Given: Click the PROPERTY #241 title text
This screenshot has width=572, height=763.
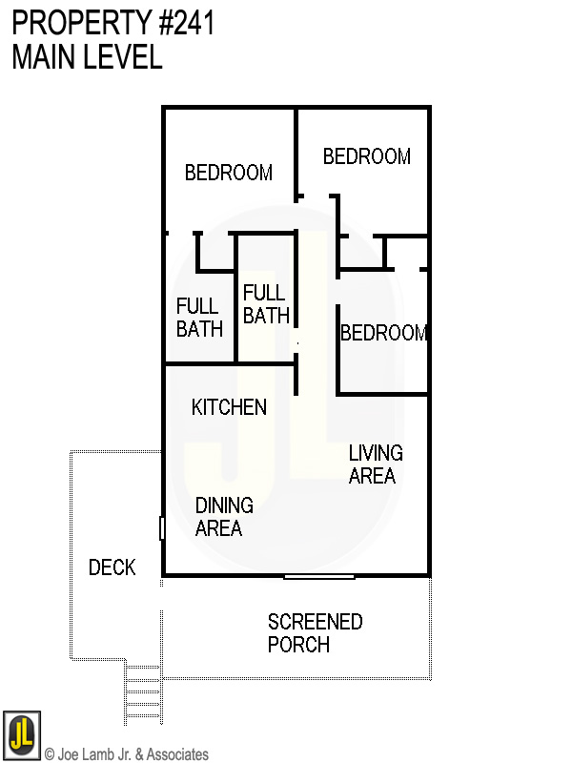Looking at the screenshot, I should [112, 23].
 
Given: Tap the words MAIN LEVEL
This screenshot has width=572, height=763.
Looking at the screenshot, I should [87, 57].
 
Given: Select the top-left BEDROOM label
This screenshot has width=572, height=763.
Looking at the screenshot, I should [229, 173].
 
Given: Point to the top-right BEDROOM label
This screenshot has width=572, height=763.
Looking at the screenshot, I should [367, 156].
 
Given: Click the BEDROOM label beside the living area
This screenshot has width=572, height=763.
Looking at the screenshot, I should [383, 333].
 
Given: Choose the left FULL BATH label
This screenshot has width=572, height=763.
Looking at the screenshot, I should [199, 318].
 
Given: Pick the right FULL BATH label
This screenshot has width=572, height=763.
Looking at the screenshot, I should [266, 303].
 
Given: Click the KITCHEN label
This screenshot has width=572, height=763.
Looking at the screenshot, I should [229, 407].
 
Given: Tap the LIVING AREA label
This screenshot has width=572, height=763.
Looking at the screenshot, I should [375, 464].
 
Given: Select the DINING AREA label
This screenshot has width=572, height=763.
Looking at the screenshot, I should [224, 516].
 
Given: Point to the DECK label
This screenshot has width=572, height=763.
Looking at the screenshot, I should [112, 567].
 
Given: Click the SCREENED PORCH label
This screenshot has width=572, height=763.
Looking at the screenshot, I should [315, 632].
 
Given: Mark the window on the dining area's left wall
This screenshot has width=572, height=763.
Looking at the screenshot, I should [162, 527].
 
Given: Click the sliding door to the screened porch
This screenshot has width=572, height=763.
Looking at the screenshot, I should [319, 576].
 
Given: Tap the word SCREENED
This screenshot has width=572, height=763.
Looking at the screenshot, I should [315, 622].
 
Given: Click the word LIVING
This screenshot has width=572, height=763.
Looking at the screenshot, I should [375, 453].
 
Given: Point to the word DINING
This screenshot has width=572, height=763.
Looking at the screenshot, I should [224, 505].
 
